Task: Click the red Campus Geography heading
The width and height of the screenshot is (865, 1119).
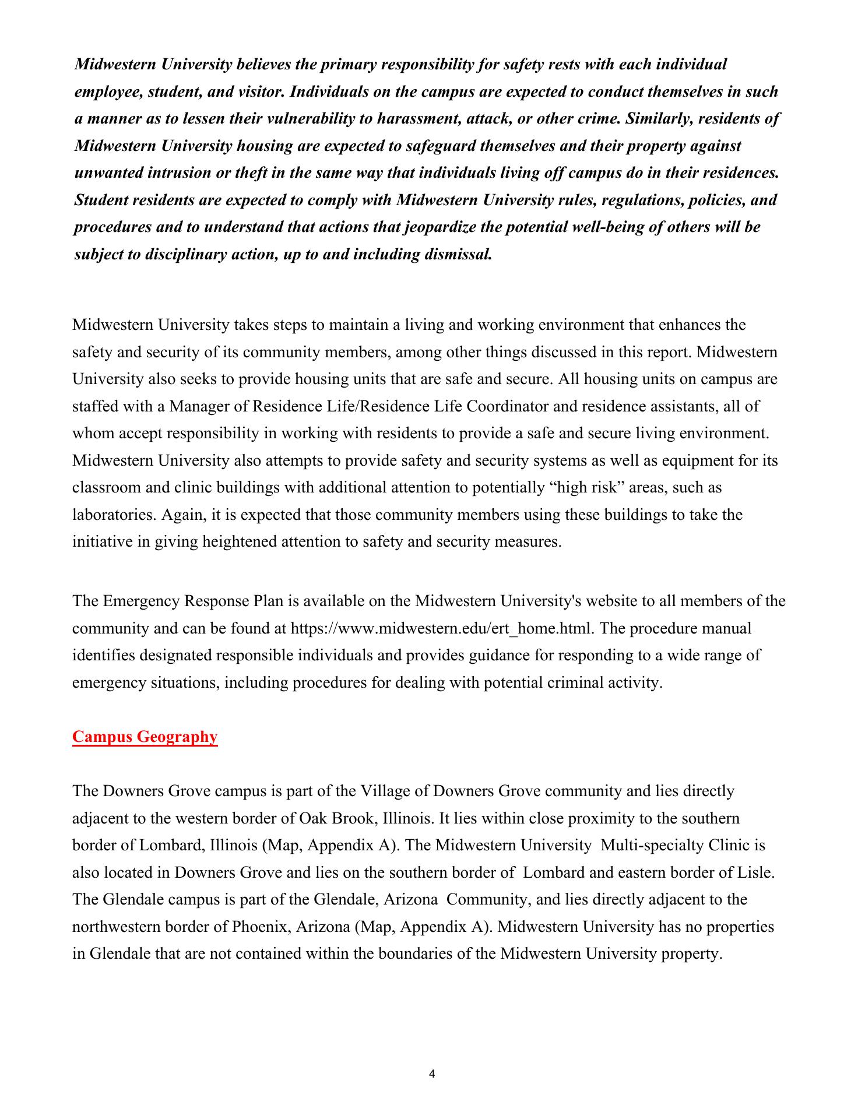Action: pos(145,737)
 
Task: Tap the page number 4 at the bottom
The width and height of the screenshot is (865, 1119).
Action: pos(431,1074)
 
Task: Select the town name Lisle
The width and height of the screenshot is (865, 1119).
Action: pos(757,872)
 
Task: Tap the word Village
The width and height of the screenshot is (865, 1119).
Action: pos(382,791)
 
